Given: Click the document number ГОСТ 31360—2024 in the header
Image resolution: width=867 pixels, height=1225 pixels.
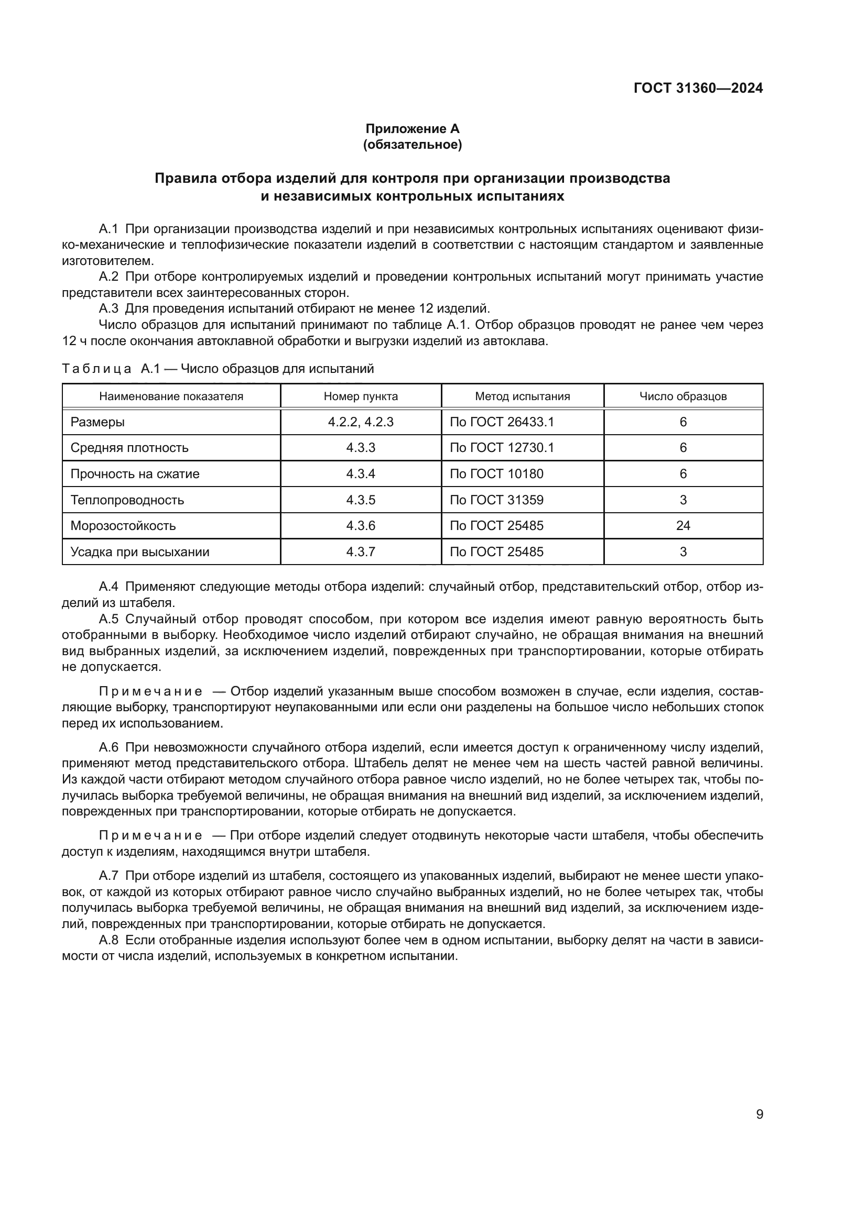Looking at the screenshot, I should [x=698, y=89].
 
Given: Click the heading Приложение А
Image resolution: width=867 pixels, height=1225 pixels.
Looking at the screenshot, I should [x=412, y=129].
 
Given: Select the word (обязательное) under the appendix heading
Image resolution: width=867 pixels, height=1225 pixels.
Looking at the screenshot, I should [x=412, y=145].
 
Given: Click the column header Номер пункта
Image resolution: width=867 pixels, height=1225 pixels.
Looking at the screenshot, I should [x=360, y=396].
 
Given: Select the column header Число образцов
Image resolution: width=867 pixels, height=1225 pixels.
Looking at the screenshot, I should [x=683, y=396].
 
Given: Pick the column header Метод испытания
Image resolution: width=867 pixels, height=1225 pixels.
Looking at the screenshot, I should [x=522, y=396].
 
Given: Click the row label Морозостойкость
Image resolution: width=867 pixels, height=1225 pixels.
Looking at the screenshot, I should [x=123, y=526].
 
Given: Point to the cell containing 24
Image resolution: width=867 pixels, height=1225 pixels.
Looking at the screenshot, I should [x=683, y=526].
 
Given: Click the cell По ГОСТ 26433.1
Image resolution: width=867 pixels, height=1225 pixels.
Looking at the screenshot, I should [x=501, y=422].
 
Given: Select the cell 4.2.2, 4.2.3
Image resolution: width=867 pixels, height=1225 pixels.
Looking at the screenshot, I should [x=360, y=422].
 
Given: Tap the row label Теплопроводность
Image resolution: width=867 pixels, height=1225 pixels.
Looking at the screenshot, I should [x=127, y=500].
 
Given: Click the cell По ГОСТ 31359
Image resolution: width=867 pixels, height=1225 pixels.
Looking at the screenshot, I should [x=496, y=500].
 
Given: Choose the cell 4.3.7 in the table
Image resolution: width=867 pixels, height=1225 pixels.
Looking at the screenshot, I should [x=360, y=551].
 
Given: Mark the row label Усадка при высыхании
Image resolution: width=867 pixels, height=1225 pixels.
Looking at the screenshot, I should [x=139, y=551].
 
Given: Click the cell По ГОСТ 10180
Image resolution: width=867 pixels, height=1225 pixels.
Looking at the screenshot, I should [x=496, y=474].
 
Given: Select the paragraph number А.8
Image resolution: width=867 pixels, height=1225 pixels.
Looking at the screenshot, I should [x=109, y=940].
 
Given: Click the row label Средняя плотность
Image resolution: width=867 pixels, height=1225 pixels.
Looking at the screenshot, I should [x=129, y=448].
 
